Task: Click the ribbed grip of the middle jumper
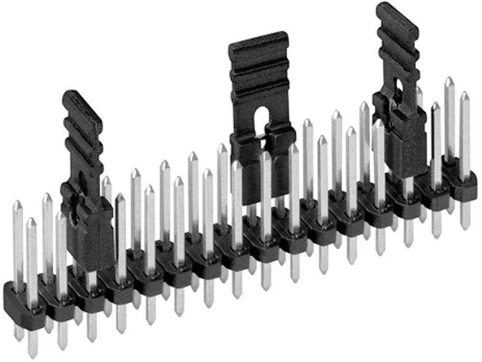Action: coord(259,73)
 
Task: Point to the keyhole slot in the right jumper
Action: coord(398,88)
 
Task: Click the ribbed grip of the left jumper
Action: coord(82,130)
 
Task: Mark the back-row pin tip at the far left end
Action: coord(17,204)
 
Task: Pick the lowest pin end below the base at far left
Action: coord(33,354)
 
